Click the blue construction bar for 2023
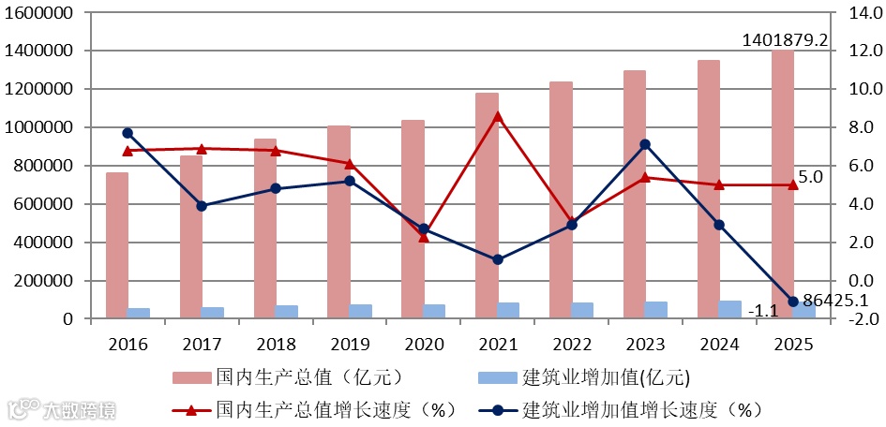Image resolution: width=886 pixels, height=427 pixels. coord(656,310)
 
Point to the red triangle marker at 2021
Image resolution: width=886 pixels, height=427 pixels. coord(498,116)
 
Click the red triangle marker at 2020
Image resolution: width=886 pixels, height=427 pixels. coord(424,237)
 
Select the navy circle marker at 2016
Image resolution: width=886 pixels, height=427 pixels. coord(128,133)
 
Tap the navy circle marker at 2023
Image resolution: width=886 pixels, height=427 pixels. coord(645,144)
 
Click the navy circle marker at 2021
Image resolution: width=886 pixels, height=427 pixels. coord(498,259)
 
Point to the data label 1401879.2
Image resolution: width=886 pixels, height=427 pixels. coord(785,40)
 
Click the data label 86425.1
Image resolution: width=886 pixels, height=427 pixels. coord(833,301)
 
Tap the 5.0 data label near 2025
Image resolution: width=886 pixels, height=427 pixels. coord(810,176)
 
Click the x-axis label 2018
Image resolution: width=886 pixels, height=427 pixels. coord(276,344)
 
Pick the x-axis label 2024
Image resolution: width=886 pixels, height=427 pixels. coord(719,344)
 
